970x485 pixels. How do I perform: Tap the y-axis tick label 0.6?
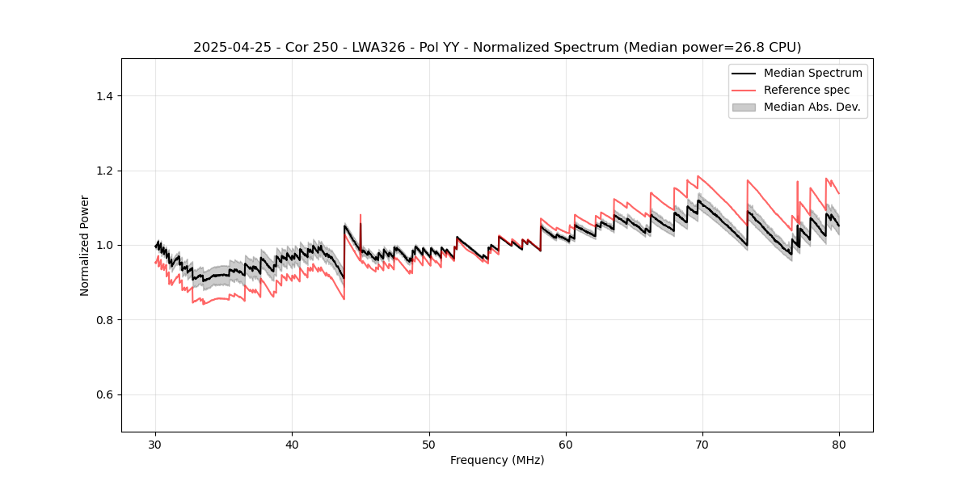pyautogui.click(x=104, y=394)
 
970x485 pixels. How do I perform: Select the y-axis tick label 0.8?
pyautogui.click(x=104, y=320)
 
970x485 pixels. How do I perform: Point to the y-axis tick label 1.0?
pyautogui.click(x=104, y=245)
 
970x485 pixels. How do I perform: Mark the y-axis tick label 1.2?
pyautogui.click(x=104, y=171)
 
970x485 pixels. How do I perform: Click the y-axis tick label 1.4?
pyautogui.click(x=104, y=96)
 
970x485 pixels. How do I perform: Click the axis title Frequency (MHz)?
pyautogui.click(x=497, y=460)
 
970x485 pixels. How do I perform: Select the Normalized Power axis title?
pyautogui.click(x=85, y=245)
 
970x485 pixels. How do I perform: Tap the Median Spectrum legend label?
pyautogui.click(x=812, y=73)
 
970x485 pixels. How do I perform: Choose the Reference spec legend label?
pyautogui.click(x=807, y=90)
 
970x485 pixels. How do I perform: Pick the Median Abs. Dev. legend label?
pyautogui.click(x=812, y=107)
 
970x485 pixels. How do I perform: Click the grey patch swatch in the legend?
pyautogui.click(x=744, y=107)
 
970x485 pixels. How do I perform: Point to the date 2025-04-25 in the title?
pyautogui.click(x=229, y=48)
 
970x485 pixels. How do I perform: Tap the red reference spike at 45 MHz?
pyautogui.click(x=361, y=217)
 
